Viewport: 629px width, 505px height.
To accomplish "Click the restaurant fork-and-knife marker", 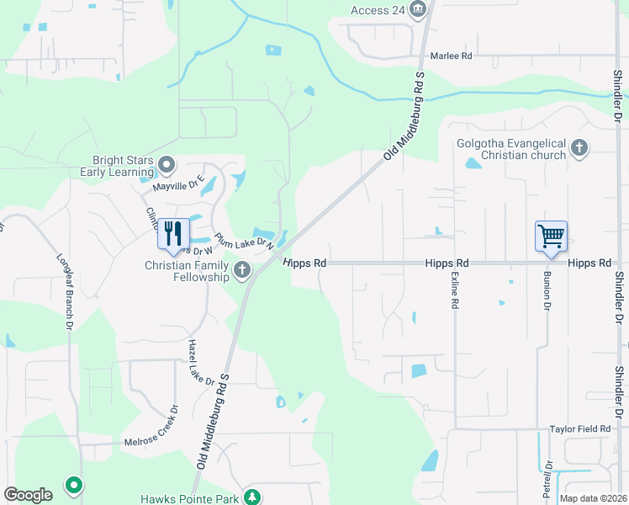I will point(173,233).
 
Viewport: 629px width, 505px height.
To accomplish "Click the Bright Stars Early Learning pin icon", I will point(167,163).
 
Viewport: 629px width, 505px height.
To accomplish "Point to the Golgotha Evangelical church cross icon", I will point(579,148).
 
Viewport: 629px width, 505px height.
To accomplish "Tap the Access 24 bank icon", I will point(420,9).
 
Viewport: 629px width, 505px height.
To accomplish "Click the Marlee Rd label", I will point(452,56).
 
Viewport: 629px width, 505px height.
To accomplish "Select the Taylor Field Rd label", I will point(580,429).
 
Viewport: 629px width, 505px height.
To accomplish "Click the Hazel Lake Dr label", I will point(202,362).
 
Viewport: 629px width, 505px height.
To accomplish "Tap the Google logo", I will point(28,495).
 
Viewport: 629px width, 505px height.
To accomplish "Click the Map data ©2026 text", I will point(592,498).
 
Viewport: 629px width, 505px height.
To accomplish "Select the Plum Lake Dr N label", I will point(245,242).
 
